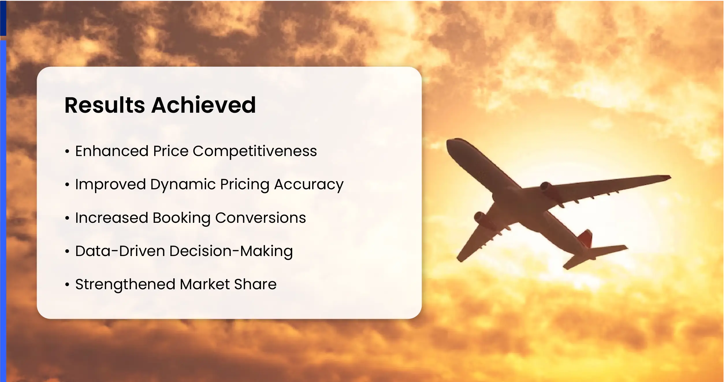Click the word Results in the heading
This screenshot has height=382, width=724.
tap(105, 105)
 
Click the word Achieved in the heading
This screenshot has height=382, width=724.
tap(204, 105)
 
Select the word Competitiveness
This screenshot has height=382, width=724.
tap(255, 151)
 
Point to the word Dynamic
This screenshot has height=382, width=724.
tap(183, 185)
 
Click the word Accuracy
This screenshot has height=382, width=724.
tap(309, 185)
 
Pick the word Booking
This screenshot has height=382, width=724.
tap(181, 218)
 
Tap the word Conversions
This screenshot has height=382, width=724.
tap(260, 218)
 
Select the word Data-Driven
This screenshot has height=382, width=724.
tap(120, 251)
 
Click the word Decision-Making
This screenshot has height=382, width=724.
tap(231, 251)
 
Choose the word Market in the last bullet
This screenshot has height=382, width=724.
tap(205, 284)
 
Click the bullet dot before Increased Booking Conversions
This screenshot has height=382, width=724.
tap(67, 218)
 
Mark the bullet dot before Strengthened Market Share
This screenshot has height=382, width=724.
tap(67, 285)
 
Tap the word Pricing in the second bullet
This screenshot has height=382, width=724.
tap(244, 185)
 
